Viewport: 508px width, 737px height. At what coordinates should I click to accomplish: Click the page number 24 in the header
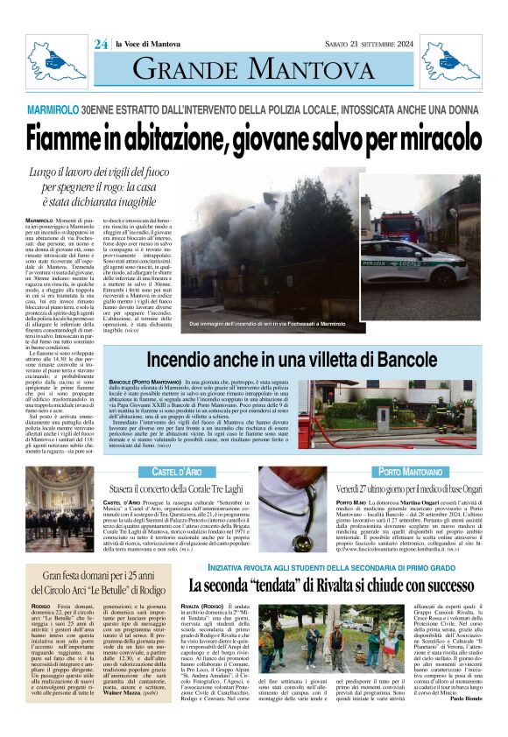coord(101,44)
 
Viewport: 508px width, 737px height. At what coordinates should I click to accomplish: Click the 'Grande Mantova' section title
coord(253,67)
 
